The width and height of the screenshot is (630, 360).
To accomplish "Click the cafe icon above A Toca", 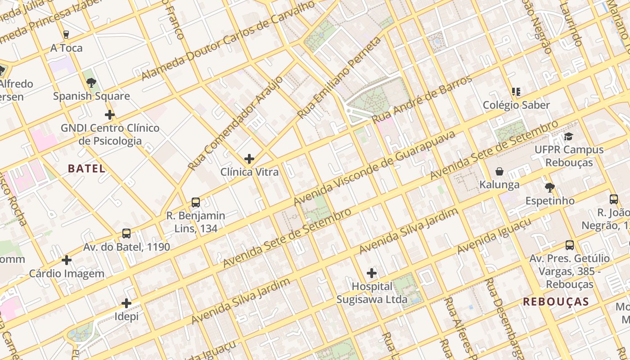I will coord(66,35).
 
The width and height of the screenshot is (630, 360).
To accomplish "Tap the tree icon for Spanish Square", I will coord(91,83).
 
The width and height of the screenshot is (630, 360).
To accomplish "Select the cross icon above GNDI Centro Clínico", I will coord(109,115).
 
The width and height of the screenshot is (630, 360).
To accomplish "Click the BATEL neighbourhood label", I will coord(86,169).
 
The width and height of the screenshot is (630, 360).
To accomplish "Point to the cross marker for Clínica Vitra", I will coord(249,159).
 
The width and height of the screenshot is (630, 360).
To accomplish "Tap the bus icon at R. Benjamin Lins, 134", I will coord(196,202).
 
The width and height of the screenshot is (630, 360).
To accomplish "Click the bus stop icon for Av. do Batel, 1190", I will coord(126,234).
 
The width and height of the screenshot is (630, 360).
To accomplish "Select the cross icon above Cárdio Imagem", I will coord(67,260).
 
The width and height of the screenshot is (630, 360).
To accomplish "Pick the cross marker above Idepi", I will coord(126,303).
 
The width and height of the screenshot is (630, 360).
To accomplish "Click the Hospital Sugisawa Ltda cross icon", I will coord(372,273).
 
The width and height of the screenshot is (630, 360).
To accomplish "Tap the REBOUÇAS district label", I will coord(556,302).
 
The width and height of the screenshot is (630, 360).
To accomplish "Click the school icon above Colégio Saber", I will coord(516,92).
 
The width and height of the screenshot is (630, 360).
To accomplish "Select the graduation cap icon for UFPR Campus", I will coord(569,136).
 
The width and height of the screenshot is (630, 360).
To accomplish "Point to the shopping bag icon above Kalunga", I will coord(499,171).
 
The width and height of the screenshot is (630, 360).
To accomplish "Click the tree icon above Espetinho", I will coord(549,188).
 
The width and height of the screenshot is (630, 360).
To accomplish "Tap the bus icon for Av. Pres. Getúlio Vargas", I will coord(570,245).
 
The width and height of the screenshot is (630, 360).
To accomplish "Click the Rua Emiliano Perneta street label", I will coord(339,78).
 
